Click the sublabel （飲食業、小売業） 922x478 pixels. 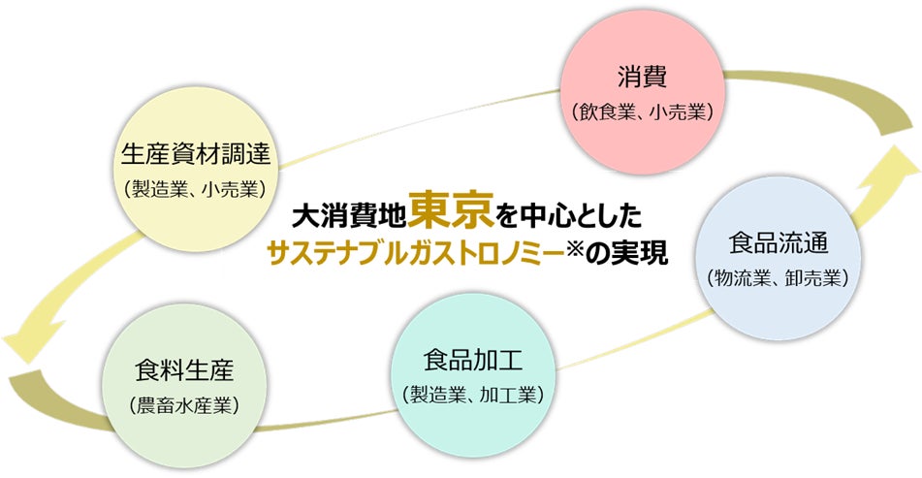pyautogui.click(x=641, y=112)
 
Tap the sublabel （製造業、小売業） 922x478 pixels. pyautogui.click(x=196, y=187)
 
